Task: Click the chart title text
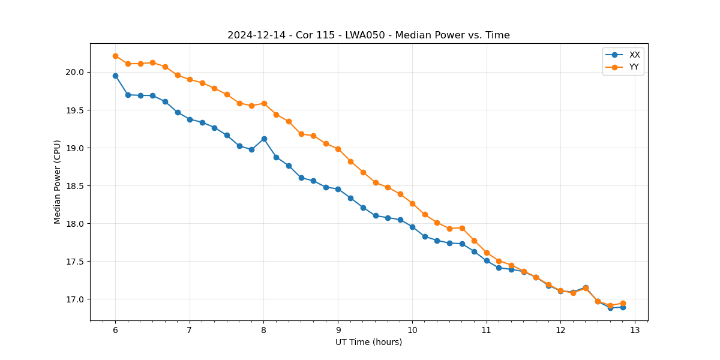coord(368,35)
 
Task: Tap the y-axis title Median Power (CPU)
coord(58,182)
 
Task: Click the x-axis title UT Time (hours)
coord(368,342)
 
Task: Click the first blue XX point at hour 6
coord(115,76)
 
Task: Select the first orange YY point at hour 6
coord(115,56)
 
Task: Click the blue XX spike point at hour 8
coord(264,139)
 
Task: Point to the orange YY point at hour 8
coord(264,103)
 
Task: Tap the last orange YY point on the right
coord(623,303)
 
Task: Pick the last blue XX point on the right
coord(623,307)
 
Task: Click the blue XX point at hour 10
coord(412,227)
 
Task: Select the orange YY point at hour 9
coord(338,149)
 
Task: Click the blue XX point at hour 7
coord(190,119)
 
